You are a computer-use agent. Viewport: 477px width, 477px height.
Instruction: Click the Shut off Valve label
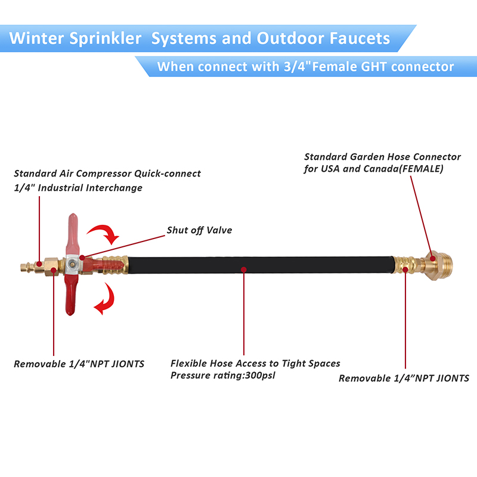[x=199, y=230]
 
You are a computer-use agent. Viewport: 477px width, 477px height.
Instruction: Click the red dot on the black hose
[x=244, y=270]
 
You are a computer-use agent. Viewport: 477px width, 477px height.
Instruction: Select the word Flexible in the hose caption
[x=189, y=363]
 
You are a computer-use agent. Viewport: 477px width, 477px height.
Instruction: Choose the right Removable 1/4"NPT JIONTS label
[x=404, y=378]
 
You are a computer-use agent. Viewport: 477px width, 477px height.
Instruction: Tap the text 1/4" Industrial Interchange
[x=78, y=188]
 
